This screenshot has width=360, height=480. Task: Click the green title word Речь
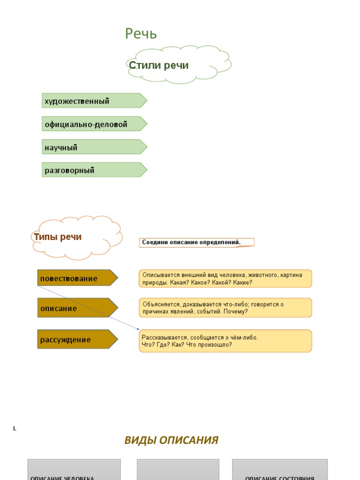[141, 34]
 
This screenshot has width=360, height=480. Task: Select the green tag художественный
[94, 101]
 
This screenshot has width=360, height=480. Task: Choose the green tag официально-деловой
[94, 124]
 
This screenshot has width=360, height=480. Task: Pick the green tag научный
[94, 147]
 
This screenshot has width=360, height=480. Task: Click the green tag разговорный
[94, 170]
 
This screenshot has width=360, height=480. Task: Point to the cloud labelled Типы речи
[77, 237]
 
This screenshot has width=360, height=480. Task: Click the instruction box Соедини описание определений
[196, 242]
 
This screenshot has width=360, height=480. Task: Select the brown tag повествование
[77, 278]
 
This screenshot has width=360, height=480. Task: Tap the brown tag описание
[77, 308]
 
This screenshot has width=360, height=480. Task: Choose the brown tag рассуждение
[77, 339]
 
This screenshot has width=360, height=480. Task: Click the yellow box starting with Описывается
[225, 278]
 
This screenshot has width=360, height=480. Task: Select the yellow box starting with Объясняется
[225, 308]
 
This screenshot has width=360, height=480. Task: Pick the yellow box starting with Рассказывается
[225, 341]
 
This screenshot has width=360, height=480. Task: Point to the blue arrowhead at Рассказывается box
[138, 329]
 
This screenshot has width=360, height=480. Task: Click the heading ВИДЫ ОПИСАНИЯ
[171, 440]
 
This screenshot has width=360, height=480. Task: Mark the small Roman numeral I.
[15, 428]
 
